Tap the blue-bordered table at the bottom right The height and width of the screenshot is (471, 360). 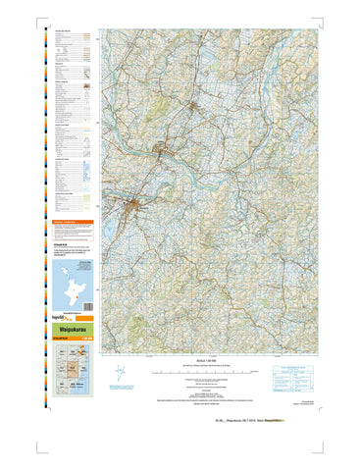click(293, 372)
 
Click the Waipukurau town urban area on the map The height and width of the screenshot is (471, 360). click(137, 205)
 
